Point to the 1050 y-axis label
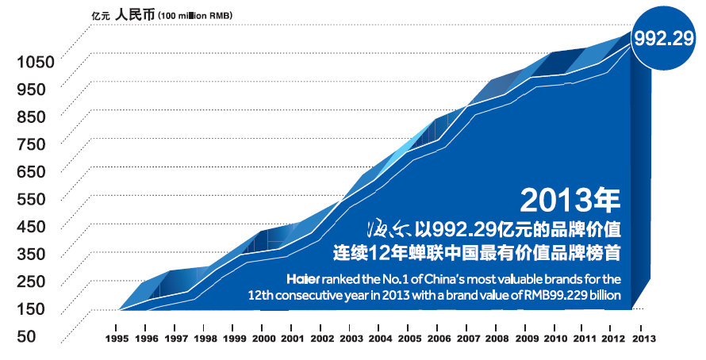33,61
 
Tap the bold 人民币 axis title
135,13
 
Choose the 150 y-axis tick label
30,308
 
